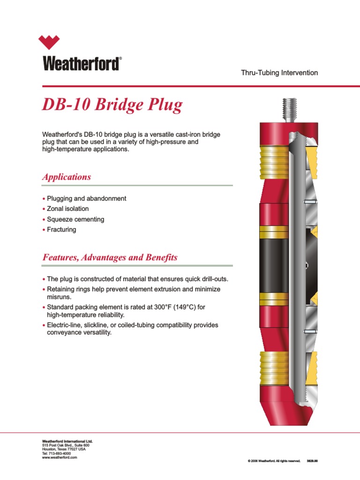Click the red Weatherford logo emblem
55,42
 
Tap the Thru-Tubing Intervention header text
279,73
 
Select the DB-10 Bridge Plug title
112,105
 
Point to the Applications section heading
67,177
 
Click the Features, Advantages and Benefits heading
110,257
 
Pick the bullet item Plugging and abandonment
87,198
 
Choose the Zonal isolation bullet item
68,209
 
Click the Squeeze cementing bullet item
76,219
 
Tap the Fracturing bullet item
61,230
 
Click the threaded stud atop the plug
289,108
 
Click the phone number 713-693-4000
60,454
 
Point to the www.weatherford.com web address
60,457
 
